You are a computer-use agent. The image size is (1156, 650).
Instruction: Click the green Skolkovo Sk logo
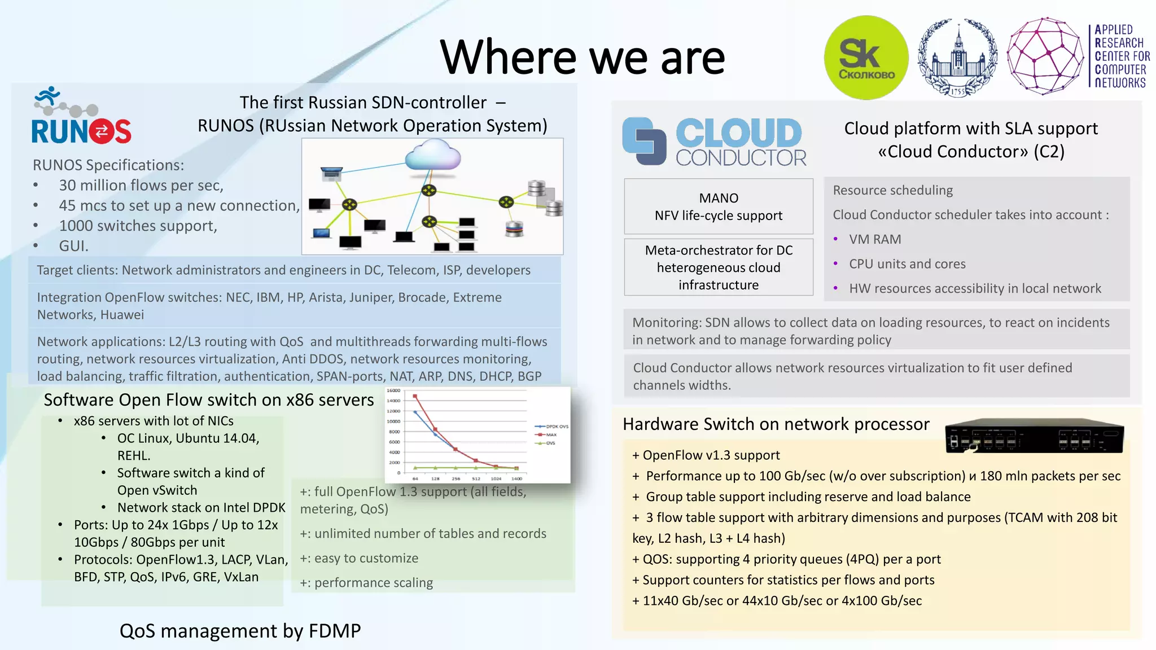[x=866, y=58]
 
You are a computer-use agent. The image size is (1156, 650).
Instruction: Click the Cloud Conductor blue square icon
[x=644, y=141]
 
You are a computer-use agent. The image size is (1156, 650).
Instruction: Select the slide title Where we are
[x=582, y=58]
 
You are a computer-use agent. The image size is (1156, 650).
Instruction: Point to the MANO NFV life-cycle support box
[x=718, y=207]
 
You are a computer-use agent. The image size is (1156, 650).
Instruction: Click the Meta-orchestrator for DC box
[x=718, y=267]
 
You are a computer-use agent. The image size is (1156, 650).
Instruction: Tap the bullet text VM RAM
[x=874, y=239]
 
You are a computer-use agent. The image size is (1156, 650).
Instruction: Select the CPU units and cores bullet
[x=907, y=264]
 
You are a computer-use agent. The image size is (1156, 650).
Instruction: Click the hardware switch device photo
[x=1034, y=436]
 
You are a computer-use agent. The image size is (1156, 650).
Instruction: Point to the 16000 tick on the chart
[x=393, y=390]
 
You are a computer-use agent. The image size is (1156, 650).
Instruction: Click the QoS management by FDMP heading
[x=240, y=631]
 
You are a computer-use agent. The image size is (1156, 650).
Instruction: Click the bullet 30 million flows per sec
[x=141, y=186]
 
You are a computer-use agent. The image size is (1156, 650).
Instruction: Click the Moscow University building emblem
[x=957, y=58]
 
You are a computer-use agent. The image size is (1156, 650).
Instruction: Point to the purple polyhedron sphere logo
[x=1046, y=56]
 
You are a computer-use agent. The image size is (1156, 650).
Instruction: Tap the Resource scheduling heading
[x=892, y=190]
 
